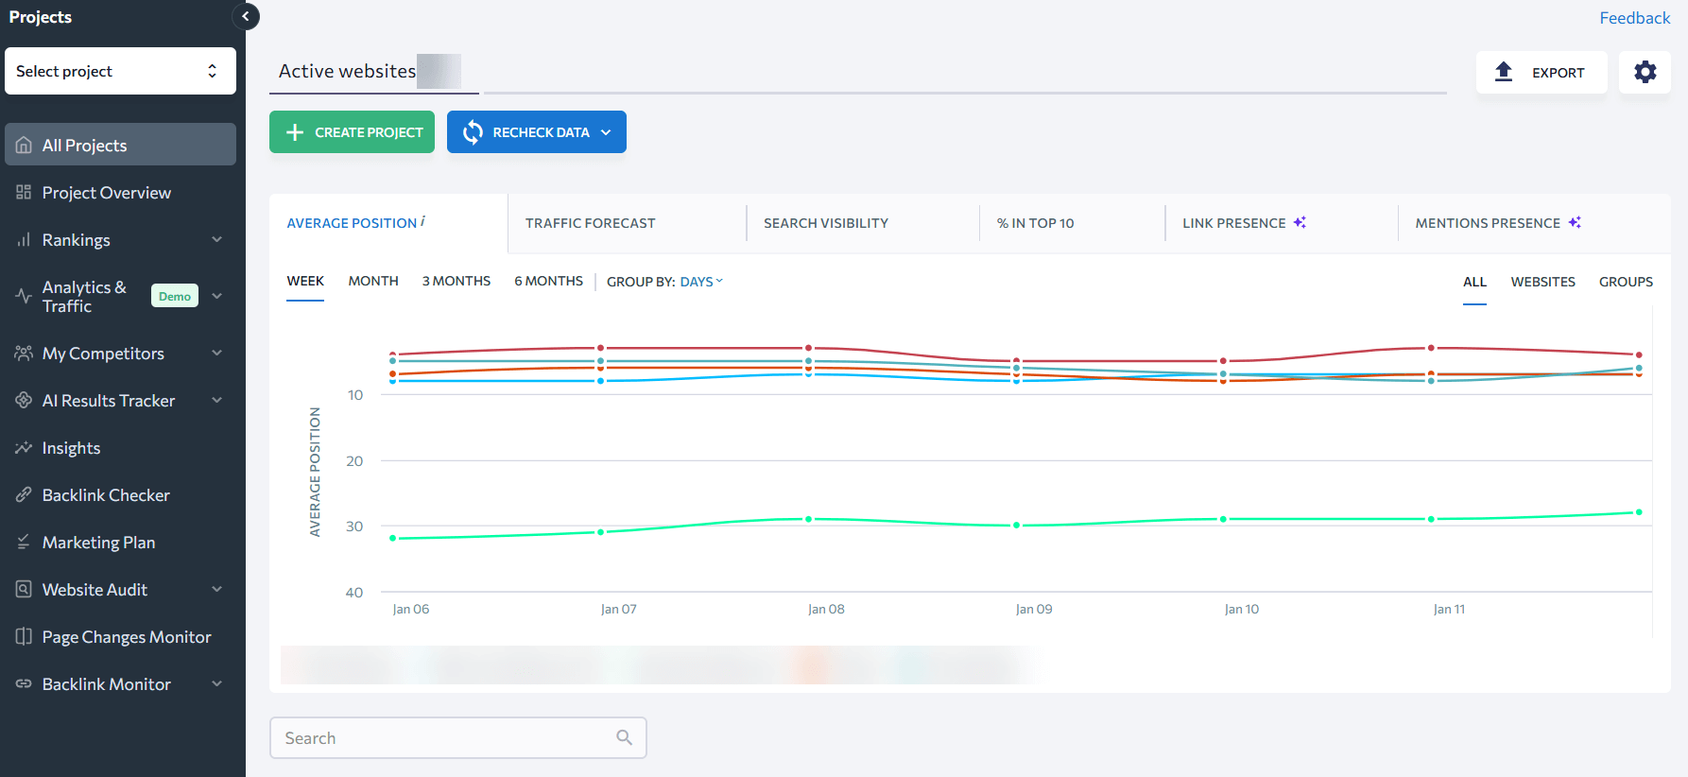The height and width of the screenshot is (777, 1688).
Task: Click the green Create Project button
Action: tap(352, 132)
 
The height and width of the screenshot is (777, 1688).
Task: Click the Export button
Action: tap(1541, 73)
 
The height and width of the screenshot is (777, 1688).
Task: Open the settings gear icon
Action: tap(1645, 73)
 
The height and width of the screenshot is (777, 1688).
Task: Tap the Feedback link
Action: tap(1634, 18)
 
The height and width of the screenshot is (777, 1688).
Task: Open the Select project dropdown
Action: tap(120, 71)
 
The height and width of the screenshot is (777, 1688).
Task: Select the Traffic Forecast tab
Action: tap(590, 223)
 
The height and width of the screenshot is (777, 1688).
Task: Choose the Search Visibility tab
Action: tap(825, 223)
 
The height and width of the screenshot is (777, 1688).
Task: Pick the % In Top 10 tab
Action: tap(1035, 223)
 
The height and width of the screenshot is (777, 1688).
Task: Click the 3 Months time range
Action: tap(456, 281)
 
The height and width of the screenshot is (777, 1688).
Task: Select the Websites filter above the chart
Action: tap(1542, 282)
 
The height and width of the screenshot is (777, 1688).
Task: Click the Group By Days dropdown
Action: tap(700, 282)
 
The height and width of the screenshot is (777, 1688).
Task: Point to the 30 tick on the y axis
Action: tap(354, 527)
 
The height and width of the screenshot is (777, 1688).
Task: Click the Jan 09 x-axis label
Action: tap(1034, 610)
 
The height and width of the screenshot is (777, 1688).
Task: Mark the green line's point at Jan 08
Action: tap(808, 519)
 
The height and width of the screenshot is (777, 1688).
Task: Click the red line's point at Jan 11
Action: tap(1431, 348)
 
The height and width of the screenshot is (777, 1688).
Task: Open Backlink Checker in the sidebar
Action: tap(106, 495)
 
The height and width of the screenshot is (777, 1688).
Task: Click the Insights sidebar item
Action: tap(71, 448)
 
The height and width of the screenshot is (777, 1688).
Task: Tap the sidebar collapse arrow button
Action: tap(246, 16)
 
